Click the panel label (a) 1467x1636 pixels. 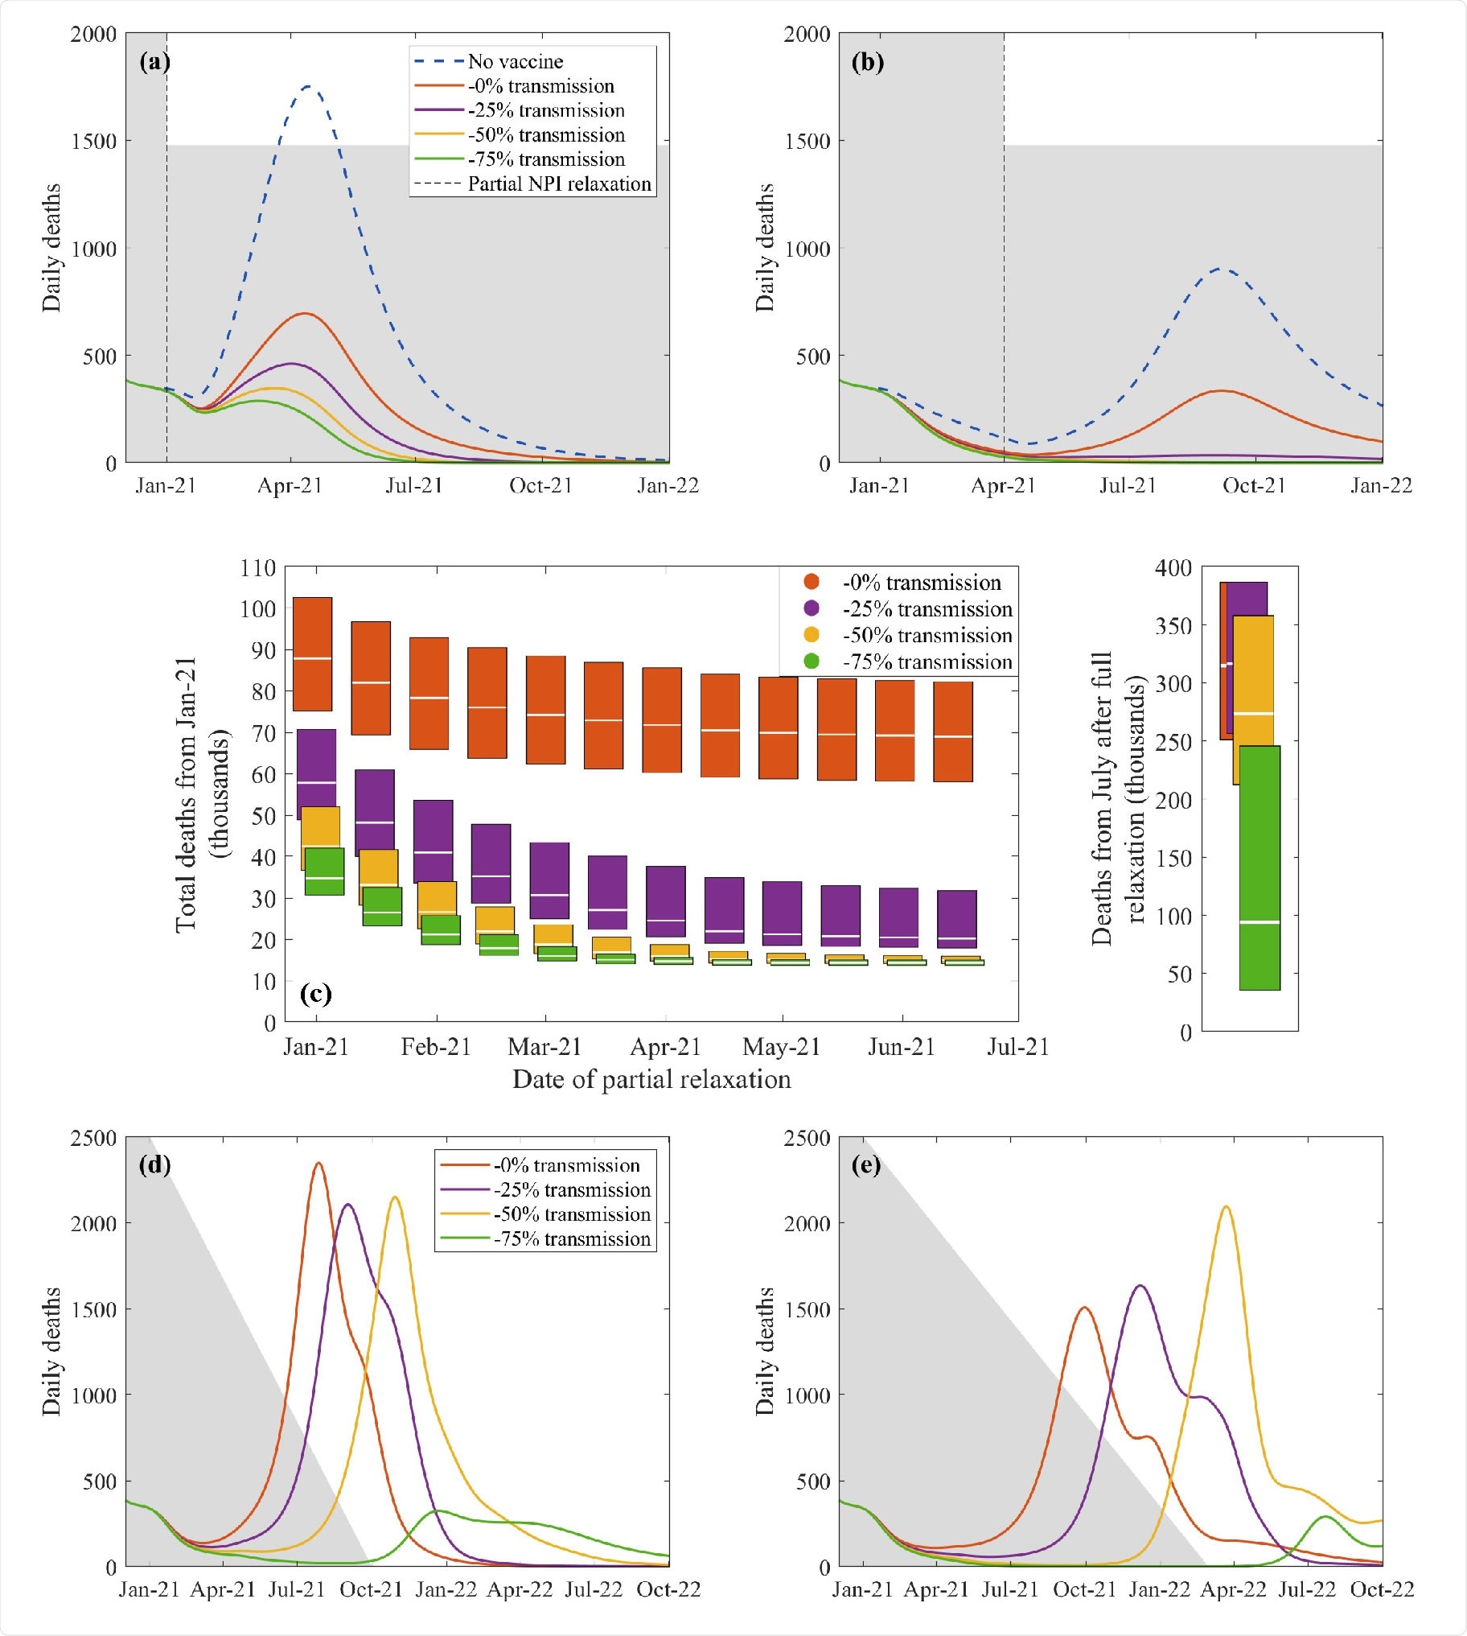coord(154,62)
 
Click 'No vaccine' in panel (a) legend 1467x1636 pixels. coord(515,61)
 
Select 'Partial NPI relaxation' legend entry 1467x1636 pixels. coord(559,183)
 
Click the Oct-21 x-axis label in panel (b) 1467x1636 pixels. coord(1253,485)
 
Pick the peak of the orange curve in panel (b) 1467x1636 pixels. coord(1222,391)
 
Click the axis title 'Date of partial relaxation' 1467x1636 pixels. coord(651,1079)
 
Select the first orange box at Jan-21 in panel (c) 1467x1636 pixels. coord(313,654)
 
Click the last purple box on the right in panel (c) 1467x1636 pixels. coord(957,918)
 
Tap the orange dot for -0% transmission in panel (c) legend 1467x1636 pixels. coord(812,582)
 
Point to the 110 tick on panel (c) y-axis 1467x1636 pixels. coord(258,567)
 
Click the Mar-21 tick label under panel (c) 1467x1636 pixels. coord(544,1047)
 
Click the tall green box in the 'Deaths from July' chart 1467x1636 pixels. coord(1259,867)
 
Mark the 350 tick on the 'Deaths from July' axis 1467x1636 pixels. coord(1173,626)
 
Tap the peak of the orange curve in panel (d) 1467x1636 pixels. coord(318,1163)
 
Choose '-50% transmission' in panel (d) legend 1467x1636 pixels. coord(572,1214)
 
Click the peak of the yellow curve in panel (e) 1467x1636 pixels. coord(1226,1206)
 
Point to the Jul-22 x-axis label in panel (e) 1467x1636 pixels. coord(1308,1589)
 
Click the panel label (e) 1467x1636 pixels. coord(865,1165)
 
